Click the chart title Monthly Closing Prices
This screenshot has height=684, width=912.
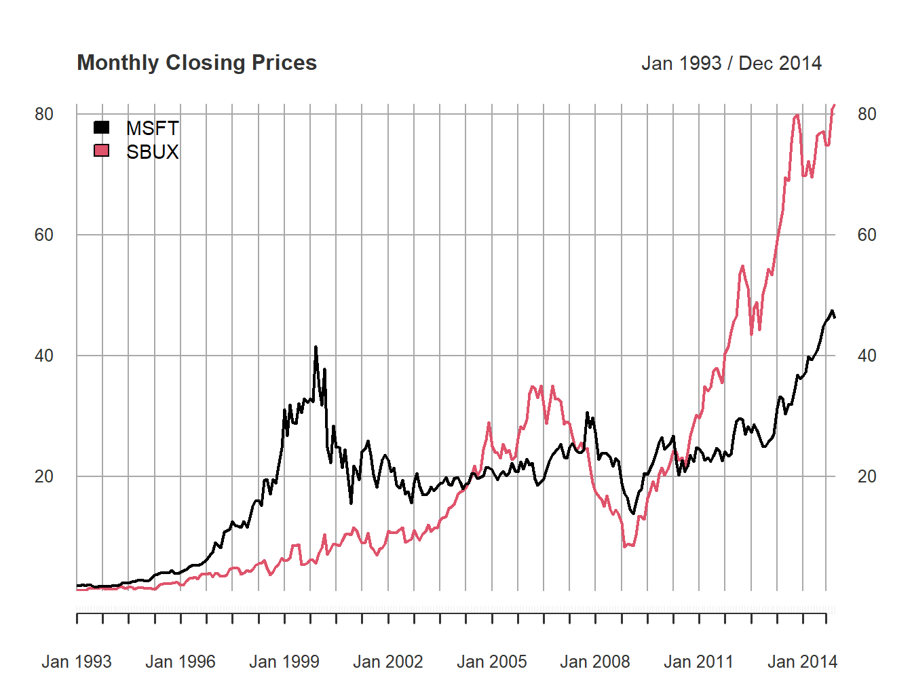(197, 62)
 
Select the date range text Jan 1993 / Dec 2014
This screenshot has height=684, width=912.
(731, 63)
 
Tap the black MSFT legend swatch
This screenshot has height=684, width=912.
(101, 127)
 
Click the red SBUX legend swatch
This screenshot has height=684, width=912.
(101, 151)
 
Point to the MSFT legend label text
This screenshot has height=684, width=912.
(153, 128)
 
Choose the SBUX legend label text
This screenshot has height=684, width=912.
(153, 152)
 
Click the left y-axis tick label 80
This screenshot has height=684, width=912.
(44, 114)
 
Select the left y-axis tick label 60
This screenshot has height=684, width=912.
(44, 235)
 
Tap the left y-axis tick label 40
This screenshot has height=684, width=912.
(44, 356)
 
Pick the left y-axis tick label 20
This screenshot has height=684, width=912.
(44, 476)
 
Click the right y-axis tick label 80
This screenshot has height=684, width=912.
(867, 114)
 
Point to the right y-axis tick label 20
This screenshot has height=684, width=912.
(867, 476)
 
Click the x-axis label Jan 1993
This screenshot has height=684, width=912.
(77, 662)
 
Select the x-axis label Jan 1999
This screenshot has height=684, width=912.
(284, 662)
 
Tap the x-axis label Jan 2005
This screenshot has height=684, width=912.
(492, 662)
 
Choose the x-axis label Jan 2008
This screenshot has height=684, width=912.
(595, 662)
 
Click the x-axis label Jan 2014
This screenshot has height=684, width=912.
(803, 662)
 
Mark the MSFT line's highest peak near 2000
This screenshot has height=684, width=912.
(316, 347)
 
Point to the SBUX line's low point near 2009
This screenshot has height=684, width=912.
(625, 546)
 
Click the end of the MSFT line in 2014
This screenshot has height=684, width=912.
(835, 317)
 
